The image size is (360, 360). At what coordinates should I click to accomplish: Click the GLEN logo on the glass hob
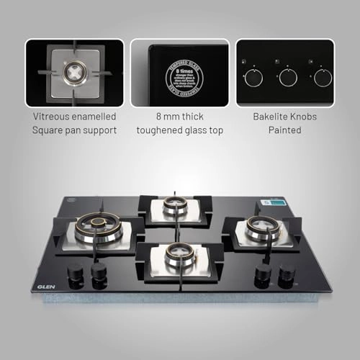[42, 285]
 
